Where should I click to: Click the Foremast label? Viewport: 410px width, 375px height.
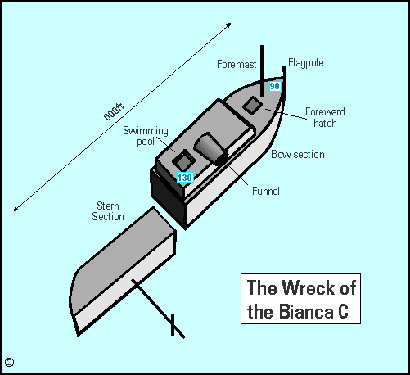237,63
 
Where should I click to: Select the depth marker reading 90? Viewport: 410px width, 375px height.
274,86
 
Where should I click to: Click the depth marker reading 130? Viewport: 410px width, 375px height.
185,177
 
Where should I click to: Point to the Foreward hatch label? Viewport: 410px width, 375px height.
324,117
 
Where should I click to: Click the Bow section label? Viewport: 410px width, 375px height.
297,154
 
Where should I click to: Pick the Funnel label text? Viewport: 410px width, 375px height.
266,191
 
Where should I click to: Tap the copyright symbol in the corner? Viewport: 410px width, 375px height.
9,361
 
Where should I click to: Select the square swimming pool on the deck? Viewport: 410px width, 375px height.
182,160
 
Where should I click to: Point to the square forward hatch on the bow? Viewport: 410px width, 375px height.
253,106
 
